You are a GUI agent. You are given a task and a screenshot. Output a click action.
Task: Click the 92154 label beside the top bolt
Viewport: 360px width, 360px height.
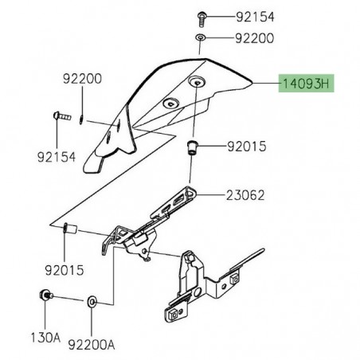coord(254,16)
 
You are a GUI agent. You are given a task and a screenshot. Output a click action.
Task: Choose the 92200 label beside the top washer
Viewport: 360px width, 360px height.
coord(254,38)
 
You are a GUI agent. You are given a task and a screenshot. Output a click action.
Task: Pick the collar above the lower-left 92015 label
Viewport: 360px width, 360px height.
coord(68,230)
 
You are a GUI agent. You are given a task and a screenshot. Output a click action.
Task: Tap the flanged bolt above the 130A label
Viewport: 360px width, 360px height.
coord(45,297)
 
